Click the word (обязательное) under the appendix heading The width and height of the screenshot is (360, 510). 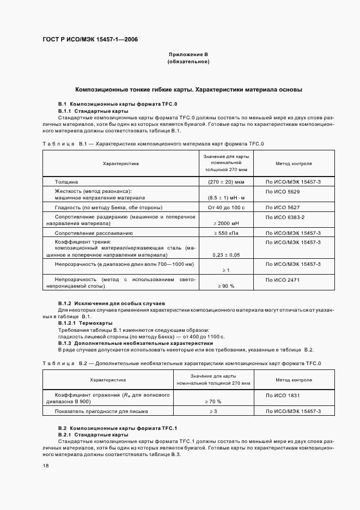188,62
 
